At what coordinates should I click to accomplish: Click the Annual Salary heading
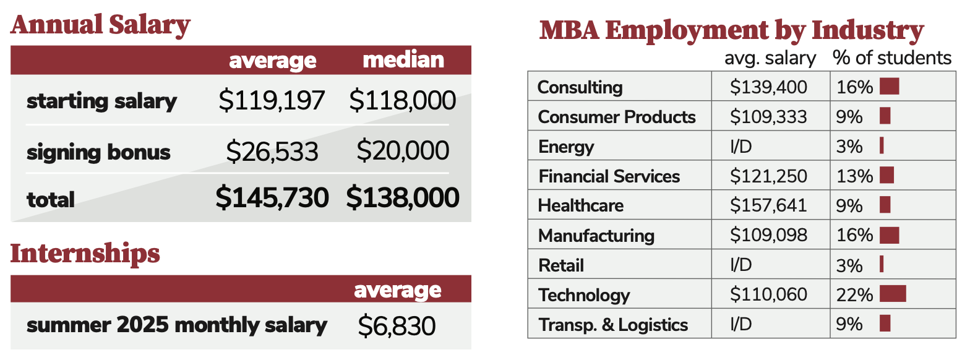tap(100, 25)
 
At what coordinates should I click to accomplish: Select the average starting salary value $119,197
tap(272, 101)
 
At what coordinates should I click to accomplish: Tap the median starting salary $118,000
tap(403, 101)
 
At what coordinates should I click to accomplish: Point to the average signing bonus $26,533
tap(272, 152)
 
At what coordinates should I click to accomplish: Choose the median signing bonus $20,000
tap(403, 151)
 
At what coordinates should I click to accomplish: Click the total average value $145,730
tap(272, 199)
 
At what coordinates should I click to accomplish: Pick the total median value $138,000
tap(403, 199)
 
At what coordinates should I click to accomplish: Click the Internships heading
tap(85, 254)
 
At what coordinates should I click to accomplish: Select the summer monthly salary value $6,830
tap(397, 326)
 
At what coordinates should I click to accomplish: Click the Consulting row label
tap(580, 87)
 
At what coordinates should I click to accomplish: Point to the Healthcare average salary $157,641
tap(768, 205)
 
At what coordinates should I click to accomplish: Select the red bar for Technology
tap(892, 294)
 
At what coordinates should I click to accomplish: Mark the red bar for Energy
tap(882, 146)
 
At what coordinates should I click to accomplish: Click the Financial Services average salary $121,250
tap(768, 176)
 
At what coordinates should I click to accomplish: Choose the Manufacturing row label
tap(596, 236)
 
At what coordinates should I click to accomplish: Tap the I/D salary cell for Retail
tap(740, 265)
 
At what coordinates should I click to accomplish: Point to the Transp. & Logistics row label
tap(612, 325)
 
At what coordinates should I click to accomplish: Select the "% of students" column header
tap(891, 58)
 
